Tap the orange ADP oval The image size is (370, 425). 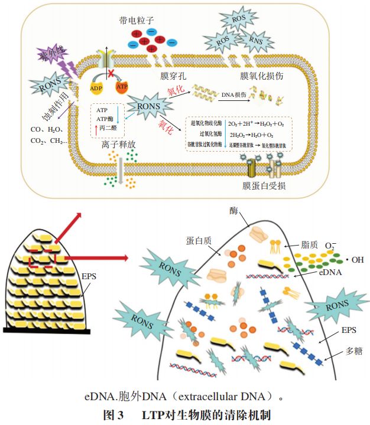click(x=97, y=88)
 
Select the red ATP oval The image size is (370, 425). click(x=121, y=87)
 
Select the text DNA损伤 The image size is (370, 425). click(x=233, y=94)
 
